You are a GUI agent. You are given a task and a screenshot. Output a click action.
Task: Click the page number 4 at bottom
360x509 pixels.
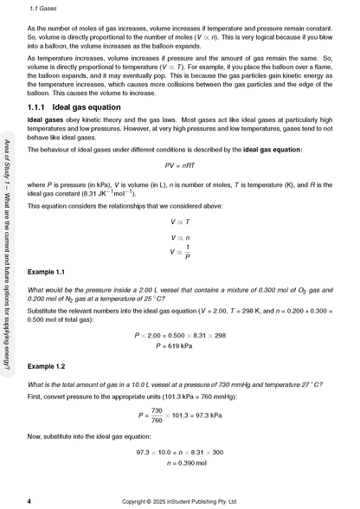pos(30,500)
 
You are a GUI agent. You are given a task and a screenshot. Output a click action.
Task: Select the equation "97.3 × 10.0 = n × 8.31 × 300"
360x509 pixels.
pos(179,451)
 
